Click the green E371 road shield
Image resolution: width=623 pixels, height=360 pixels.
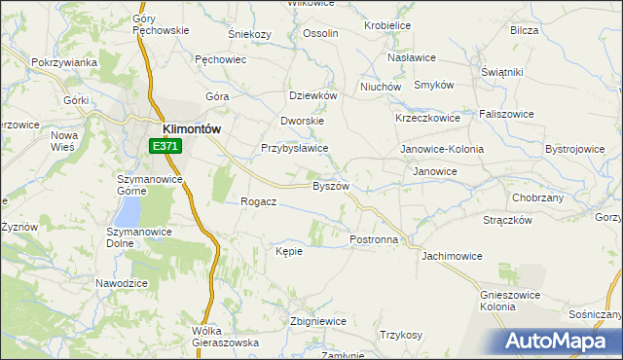[x=165, y=146]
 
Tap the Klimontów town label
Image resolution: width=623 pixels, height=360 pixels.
[x=192, y=127]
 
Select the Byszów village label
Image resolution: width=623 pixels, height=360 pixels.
[x=330, y=185]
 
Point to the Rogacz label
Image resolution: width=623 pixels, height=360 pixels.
[x=259, y=201]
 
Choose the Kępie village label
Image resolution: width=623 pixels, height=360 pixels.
[x=289, y=251]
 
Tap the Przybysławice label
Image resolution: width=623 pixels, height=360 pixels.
[x=294, y=148]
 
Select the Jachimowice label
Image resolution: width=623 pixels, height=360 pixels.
[x=452, y=256]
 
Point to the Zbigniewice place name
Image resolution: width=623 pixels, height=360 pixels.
[x=318, y=321]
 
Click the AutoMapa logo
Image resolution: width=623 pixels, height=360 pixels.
[x=558, y=342]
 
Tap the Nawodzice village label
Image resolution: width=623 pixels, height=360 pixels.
[x=121, y=282]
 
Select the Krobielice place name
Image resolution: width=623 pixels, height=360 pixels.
[x=386, y=25]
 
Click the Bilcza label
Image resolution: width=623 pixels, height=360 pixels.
[x=524, y=30]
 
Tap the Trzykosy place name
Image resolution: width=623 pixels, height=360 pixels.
[x=401, y=335]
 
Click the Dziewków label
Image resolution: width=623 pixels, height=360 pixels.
[x=313, y=95]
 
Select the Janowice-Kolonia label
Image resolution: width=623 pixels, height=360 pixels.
[x=442, y=149]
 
